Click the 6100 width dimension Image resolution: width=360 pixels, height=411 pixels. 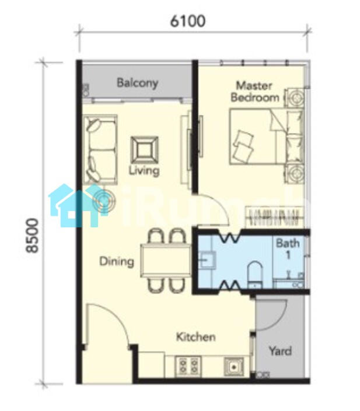click(x=188, y=21)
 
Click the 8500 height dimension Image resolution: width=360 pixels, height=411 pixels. click(x=32, y=236)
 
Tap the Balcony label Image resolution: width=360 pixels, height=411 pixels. click(x=138, y=83)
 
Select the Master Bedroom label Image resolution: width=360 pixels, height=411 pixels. click(x=254, y=92)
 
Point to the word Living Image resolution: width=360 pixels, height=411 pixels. click(x=144, y=171)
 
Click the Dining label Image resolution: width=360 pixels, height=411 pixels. click(x=117, y=262)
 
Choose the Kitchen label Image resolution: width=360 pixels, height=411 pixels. click(x=195, y=337)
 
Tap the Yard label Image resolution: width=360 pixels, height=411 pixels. click(x=280, y=351)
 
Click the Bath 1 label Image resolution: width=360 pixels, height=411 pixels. click(x=288, y=249)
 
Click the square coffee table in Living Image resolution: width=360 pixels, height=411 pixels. click(x=144, y=150)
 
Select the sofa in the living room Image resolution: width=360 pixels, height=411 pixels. click(x=100, y=149)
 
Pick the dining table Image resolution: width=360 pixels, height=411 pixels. click(x=166, y=261)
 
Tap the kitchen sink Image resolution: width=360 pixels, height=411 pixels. click(x=233, y=367)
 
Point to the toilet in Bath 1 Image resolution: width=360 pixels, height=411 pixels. click(x=255, y=275)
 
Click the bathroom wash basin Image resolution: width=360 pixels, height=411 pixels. click(x=207, y=260)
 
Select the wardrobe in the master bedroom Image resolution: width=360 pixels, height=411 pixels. click(x=274, y=216)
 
